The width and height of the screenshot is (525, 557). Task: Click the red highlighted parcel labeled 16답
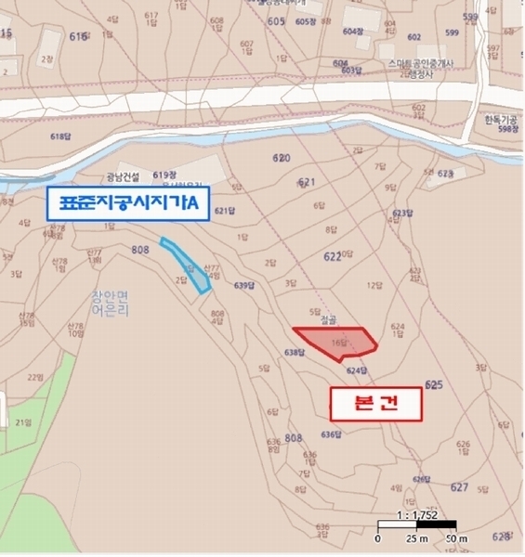pyautogui.click(x=336, y=342)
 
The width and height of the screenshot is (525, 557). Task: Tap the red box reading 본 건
pyautogui.click(x=375, y=405)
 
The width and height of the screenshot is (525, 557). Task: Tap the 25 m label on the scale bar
pyautogui.click(x=416, y=538)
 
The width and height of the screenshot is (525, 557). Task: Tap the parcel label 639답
pyautogui.click(x=244, y=285)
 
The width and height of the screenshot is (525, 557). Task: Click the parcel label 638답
pyautogui.click(x=295, y=352)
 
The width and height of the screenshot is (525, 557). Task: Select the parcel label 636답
pyautogui.click(x=332, y=434)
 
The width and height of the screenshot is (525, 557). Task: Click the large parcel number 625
pyautogui.click(x=433, y=383)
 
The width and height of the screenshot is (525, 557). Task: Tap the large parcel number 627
pyautogui.click(x=458, y=486)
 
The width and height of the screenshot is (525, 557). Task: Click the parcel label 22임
pyautogui.click(x=35, y=377)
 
